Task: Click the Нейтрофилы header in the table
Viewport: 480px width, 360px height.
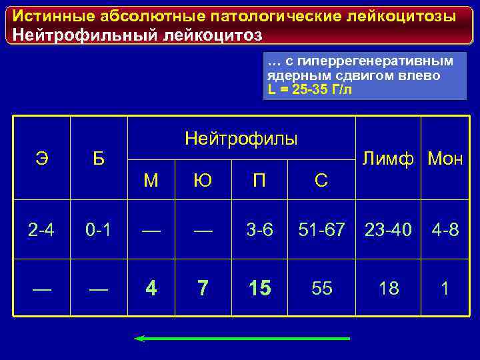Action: click(x=241, y=139)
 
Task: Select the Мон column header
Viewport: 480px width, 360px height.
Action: click(x=445, y=159)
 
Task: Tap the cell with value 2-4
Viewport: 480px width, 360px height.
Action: click(x=41, y=231)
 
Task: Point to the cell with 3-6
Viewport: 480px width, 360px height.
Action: click(x=259, y=231)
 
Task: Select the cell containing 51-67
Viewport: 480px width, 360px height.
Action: click(x=321, y=231)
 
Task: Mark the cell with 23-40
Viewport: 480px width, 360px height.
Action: click(x=389, y=231)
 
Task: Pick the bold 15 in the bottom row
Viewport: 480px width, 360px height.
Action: click(x=259, y=288)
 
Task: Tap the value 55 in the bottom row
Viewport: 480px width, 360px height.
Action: click(x=321, y=288)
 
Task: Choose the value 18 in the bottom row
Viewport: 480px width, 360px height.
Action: click(x=389, y=288)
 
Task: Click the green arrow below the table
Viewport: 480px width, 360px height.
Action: click(x=242, y=339)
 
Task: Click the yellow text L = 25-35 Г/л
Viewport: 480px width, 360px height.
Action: click(x=310, y=89)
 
